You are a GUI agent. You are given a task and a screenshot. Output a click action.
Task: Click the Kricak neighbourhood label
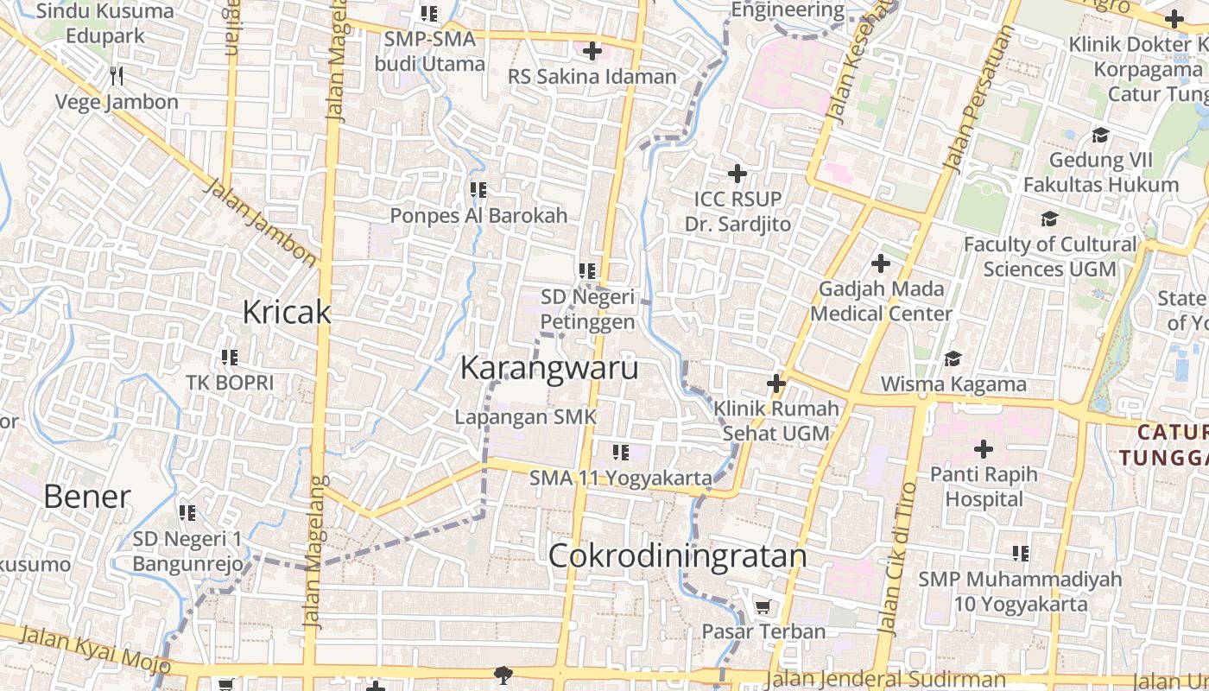tap(286, 312)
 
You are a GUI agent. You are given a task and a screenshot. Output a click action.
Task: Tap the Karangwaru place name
tap(549, 368)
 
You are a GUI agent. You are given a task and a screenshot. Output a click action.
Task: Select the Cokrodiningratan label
tap(677, 556)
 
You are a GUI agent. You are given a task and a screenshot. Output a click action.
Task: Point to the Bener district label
tap(86, 497)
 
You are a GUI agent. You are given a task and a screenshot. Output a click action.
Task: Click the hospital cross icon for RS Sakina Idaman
tap(592, 51)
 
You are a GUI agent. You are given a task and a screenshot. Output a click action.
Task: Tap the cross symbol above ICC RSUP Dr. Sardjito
tap(737, 174)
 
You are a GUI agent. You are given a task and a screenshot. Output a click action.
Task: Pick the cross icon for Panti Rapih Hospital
tap(983, 449)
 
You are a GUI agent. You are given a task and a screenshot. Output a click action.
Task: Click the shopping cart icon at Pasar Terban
tap(763, 607)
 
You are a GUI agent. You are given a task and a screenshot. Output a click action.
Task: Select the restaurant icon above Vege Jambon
tap(117, 76)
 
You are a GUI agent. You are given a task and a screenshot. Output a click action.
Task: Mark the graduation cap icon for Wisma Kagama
tap(953, 358)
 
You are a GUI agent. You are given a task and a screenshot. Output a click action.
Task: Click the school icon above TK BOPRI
tap(229, 357)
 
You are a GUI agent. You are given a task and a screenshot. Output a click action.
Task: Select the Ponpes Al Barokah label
tap(478, 215)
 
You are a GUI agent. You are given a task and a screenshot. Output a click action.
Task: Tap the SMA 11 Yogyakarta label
tap(621, 478)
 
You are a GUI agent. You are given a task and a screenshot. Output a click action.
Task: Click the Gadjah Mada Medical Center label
tap(881, 301)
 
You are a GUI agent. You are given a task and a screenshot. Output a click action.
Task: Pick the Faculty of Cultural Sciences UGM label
tap(1050, 257)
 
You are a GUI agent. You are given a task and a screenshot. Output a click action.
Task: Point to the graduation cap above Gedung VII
tap(1100, 136)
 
